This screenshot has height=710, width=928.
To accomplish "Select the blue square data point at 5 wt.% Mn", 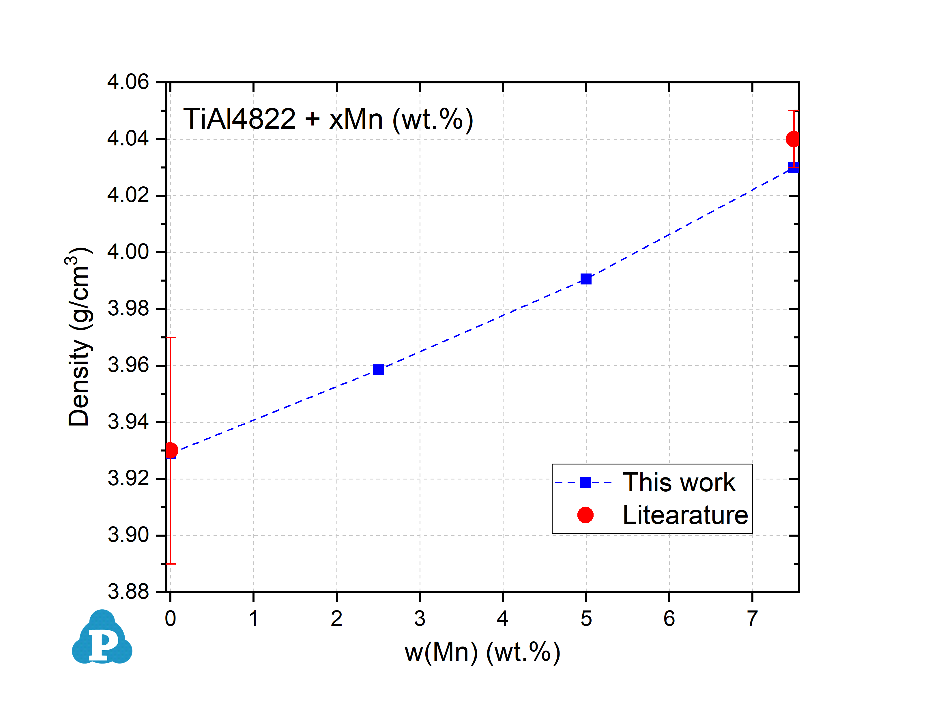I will tap(586, 279).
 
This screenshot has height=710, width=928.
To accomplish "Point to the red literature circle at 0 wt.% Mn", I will tap(171, 451).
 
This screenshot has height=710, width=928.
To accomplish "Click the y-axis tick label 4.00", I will tap(128, 252).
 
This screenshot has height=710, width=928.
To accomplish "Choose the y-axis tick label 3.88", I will tap(128, 592).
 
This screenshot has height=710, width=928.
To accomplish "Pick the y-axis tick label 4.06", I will tap(128, 82).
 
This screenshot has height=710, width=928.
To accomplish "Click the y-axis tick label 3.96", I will tap(128, 365).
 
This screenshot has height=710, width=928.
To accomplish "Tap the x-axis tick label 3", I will tap(420, 619).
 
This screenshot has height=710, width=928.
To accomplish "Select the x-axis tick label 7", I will tap(752, 619).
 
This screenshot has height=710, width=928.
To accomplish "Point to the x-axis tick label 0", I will tap(170, 619).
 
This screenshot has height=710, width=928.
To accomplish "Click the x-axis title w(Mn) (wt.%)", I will tap(482, 652).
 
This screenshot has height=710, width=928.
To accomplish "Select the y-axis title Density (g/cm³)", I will tap(79, 337).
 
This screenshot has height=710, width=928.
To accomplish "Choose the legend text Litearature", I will tap(685, 515).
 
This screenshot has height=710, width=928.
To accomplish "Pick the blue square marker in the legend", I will tap(585, 482).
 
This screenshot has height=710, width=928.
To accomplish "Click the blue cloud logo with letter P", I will tap(102, 638).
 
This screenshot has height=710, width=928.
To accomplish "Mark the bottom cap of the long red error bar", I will tap(170, 564).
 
